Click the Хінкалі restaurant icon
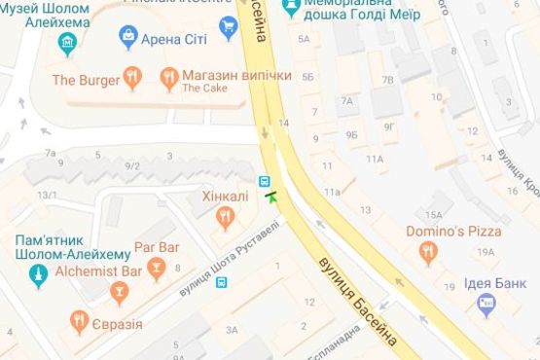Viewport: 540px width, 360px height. pos(225,218)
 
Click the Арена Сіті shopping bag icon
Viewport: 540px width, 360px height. pos(127,38)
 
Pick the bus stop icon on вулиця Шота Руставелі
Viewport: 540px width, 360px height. pos(223,283)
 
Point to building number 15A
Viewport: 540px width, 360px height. pos(433,215)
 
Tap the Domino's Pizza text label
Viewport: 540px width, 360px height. pos(455,232)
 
